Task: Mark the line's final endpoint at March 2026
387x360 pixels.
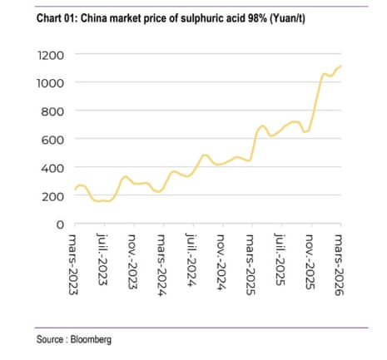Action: click(341, 66)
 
